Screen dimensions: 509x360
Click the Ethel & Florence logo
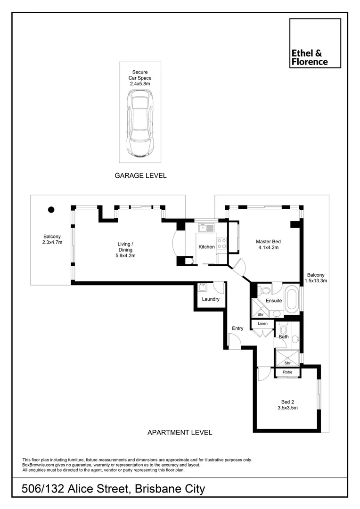(315, 43)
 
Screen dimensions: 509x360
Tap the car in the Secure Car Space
(139, 123)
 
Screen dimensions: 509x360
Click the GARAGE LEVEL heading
(140, 175)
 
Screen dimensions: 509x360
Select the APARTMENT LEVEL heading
(180, 432)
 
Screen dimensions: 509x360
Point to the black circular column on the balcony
(51, 210)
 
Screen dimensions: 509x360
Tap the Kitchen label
(206, 247)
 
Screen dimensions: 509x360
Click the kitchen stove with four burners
(221, 243)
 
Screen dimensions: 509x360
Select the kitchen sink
(206, 228)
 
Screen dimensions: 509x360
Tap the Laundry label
(210, 299)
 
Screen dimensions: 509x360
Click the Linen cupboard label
(262, 324)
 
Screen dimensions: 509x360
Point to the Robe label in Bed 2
(287, 372)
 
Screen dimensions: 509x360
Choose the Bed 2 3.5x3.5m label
(287, 405)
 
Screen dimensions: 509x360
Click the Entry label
(237, 328)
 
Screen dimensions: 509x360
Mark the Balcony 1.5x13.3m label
(316, 278)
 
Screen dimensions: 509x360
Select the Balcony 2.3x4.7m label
(52, 239)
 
